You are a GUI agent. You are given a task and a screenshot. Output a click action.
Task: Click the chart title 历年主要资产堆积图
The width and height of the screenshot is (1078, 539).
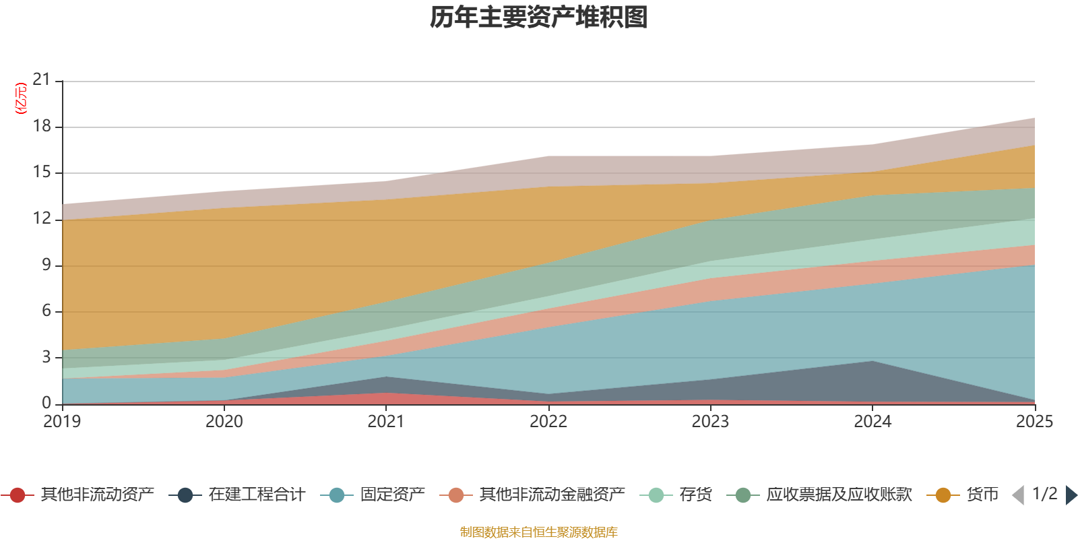point(539,18)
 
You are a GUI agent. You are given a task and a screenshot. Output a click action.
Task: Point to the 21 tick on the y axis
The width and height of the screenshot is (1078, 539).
point(42,80)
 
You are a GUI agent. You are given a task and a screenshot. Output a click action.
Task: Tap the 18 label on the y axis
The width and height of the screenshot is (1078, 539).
point(42,126)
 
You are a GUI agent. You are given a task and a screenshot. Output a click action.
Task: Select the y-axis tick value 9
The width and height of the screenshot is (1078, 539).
point(46,265)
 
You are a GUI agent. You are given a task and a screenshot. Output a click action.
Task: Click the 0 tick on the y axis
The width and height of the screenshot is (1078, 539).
point(46,403)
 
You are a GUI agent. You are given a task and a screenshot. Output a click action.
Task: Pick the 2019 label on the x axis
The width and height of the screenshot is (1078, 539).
point(62,422)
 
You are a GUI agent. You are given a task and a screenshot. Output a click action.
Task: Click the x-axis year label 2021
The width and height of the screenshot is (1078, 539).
point(386,422)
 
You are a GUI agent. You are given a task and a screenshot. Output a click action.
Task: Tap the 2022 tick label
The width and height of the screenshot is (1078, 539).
point(548,422)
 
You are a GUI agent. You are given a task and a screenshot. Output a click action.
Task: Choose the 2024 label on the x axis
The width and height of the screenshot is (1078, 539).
point(873,422)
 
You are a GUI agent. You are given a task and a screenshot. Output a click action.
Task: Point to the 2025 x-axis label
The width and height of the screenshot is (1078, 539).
point(1034,422)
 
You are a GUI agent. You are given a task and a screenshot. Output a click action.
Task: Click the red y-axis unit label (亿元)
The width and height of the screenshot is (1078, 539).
point(21,98)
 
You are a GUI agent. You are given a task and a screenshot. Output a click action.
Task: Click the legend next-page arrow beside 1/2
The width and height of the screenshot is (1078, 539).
point(1071,495)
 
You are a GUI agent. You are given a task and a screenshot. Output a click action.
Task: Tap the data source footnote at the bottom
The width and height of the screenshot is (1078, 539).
point(539,532)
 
